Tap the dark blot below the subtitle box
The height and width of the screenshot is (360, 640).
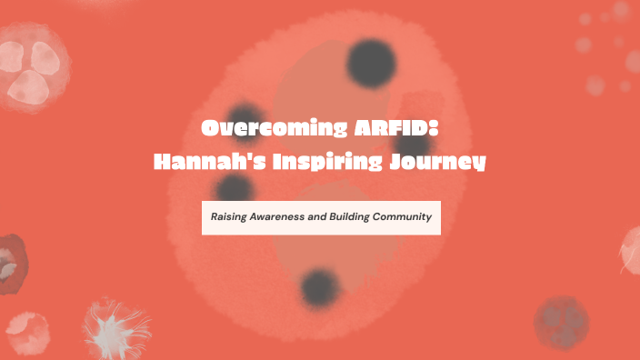tap(320, 287)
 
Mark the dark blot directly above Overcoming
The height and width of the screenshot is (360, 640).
tap(245, 107)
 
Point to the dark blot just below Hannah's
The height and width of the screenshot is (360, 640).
tap(235, 189)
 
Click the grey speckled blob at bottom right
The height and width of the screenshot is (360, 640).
tap(560, 323)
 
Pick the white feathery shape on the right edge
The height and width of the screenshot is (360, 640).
tap(631, 249)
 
